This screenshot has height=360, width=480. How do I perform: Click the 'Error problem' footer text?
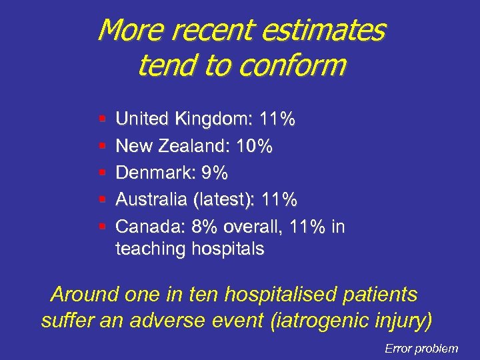[421, 348]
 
